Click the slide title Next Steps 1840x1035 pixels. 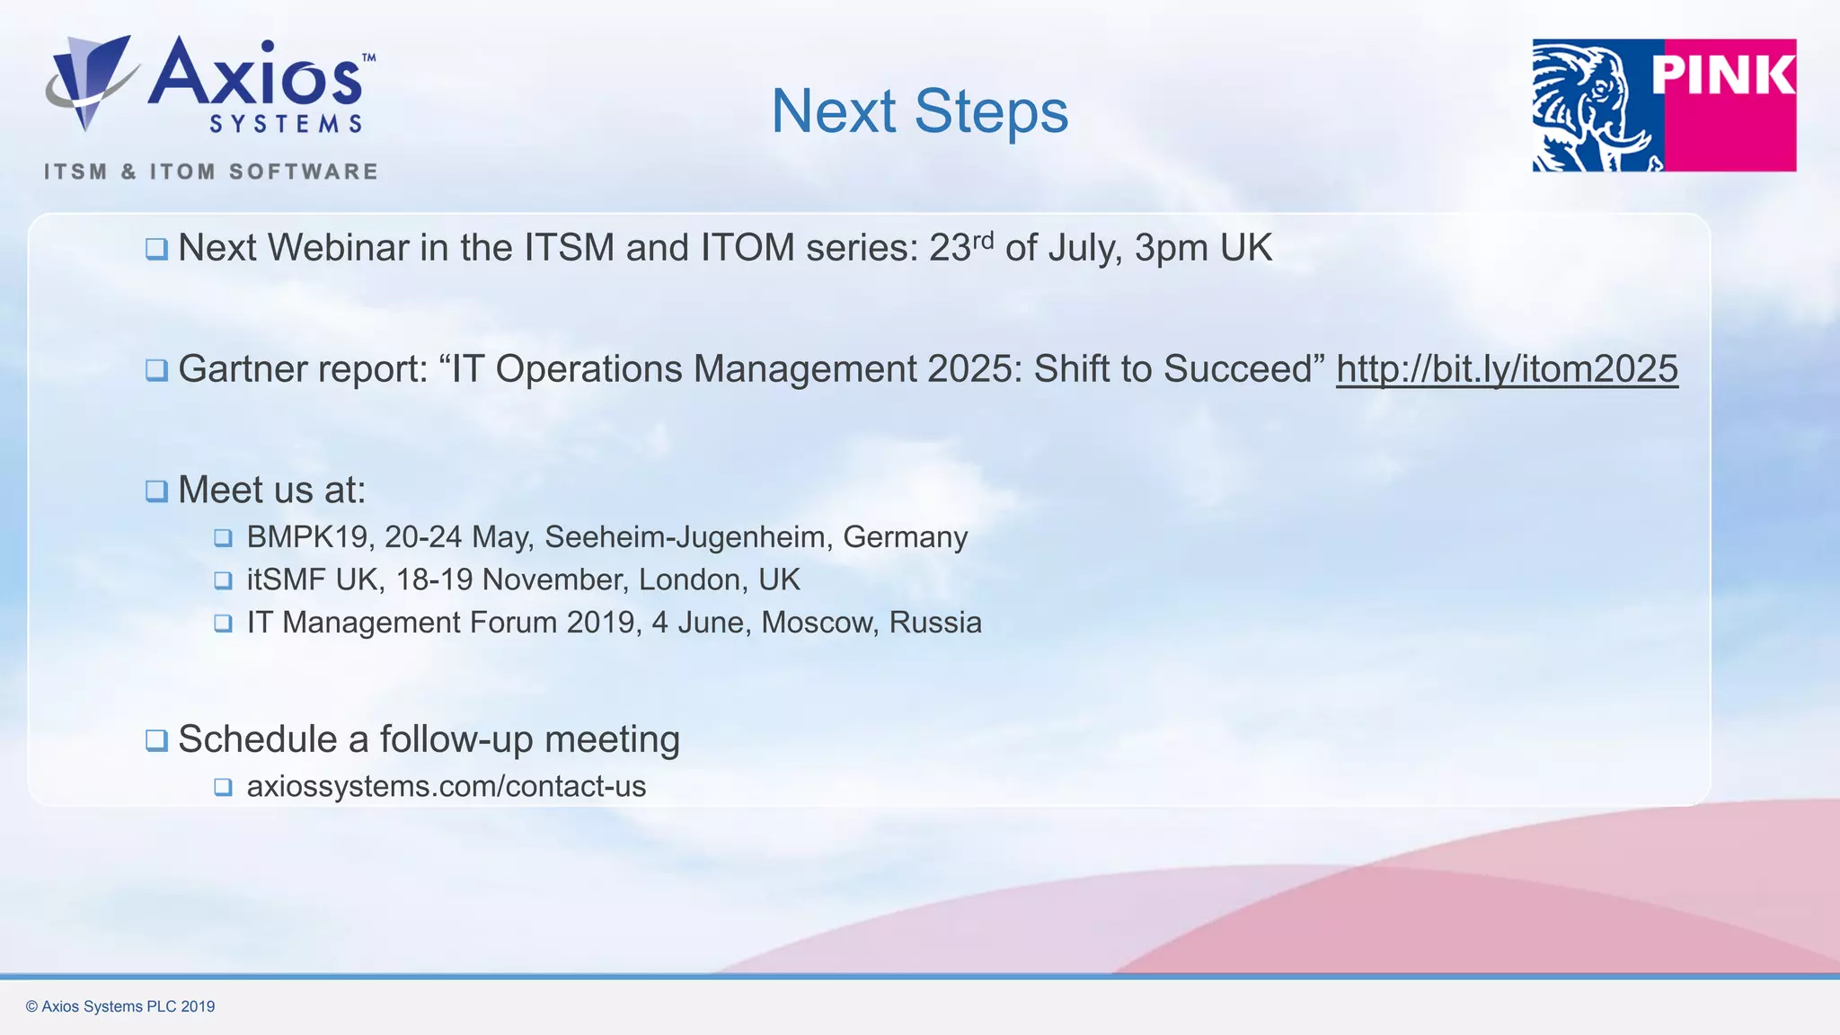coord(919,111)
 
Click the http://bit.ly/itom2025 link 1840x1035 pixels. coord(1507,369)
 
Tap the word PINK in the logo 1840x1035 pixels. coord(1722,75)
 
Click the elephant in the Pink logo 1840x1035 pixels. coord(1595,106)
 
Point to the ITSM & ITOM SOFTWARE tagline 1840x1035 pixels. coord(211,172)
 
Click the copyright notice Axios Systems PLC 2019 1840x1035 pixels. coord(120,1006)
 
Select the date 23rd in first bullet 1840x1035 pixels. coord(960,248)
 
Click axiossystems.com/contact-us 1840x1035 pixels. coord(447,787)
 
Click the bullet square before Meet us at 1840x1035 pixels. coord(156,491)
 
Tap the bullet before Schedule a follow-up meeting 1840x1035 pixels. coord(156,740)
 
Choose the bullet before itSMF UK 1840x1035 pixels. coord(223,580)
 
